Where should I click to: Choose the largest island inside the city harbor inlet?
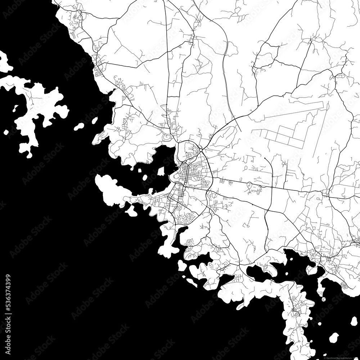161,171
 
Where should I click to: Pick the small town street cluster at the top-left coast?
77,16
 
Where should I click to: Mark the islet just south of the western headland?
131,212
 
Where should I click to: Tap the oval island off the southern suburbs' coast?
182,266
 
